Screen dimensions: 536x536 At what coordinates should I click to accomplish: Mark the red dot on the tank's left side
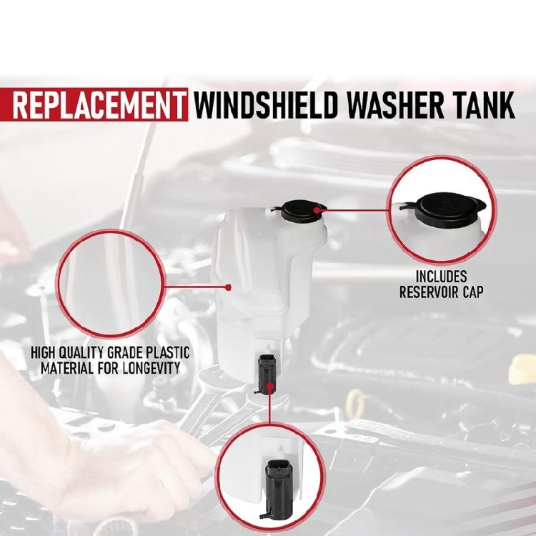tap(227, 287)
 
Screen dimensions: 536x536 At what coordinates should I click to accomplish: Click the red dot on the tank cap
tap(316, 209)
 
